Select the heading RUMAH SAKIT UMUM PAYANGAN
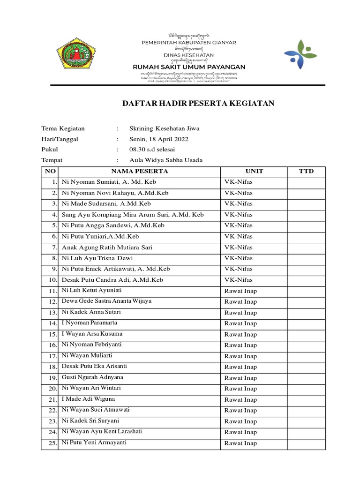tap(189, 67)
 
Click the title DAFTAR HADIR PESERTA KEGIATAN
tap(198, 104)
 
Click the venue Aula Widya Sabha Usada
tap(166, 160)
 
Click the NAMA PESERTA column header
tap(139, 171)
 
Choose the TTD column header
tap(306, 171)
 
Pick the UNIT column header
tap(254, 171)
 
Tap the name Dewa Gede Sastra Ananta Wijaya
tap(106, 301)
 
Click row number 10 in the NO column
tap(52, 280)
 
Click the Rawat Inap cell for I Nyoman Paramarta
tap(240, 323)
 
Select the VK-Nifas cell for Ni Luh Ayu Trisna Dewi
tap(238, 258)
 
